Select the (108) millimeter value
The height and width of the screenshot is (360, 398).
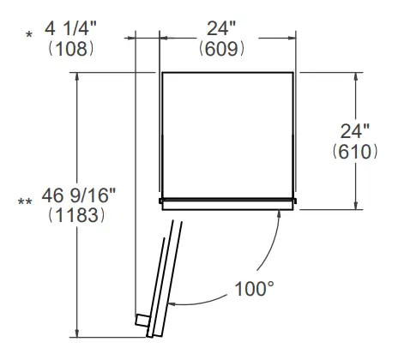72,49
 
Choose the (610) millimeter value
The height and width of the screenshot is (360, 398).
354,152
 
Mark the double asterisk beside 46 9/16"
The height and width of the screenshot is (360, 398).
25,201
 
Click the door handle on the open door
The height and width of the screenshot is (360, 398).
141,321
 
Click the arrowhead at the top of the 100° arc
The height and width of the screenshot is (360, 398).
276,213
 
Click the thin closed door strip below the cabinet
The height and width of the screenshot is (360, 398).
227,202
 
